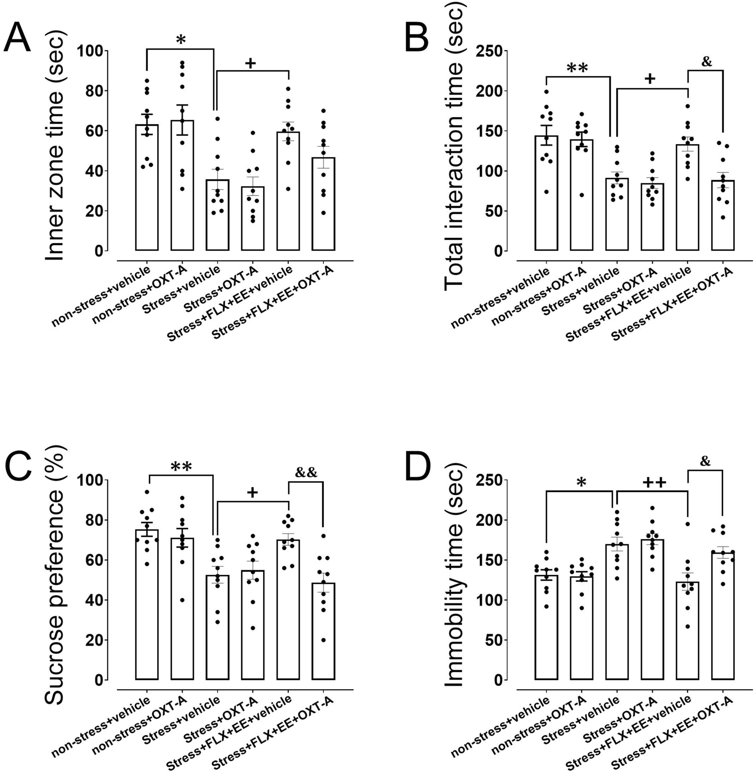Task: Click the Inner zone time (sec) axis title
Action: [55, 149]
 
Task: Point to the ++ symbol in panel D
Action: [654, 483]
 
